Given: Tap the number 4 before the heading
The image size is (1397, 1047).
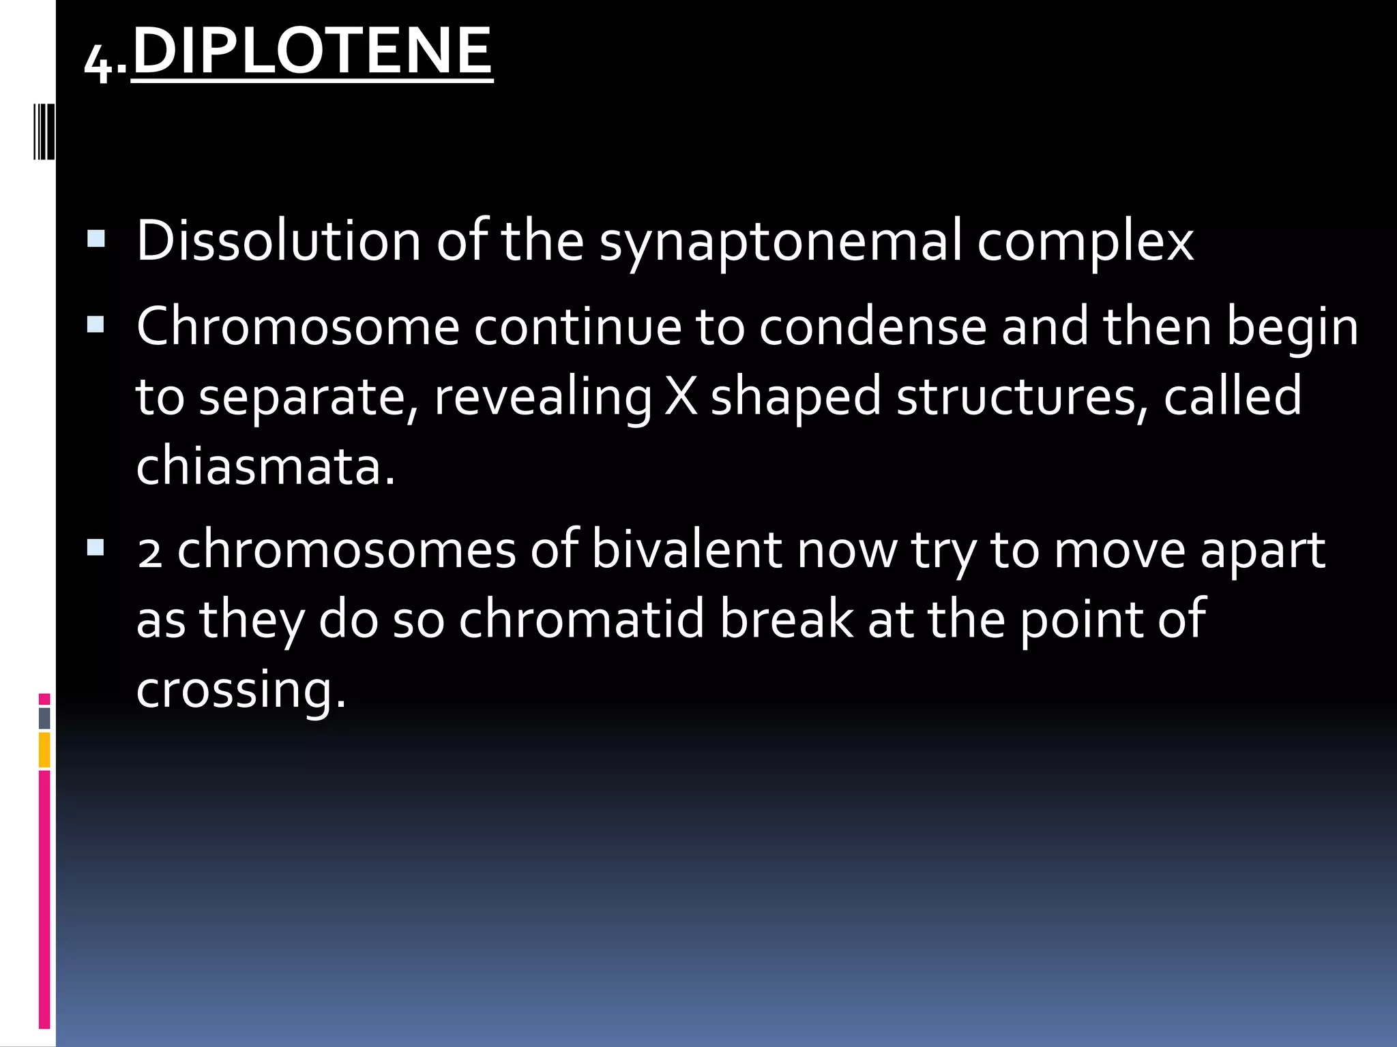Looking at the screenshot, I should pos(98,63).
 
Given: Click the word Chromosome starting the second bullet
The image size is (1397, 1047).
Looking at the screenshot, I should pos(298,327).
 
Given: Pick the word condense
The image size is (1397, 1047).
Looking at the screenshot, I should pos(872,327).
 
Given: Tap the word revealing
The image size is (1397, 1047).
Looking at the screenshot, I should pos(542,397).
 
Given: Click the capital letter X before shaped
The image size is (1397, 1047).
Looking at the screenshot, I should pos(681,396).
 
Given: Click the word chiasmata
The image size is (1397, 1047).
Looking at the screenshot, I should pos(265,466).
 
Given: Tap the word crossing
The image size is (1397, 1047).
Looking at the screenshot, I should pos(241,691).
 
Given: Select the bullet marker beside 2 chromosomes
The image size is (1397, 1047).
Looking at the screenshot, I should pos(96,547).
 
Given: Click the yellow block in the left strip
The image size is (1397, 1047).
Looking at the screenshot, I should pos(44,750).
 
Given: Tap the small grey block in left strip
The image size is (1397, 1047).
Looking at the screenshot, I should pos(44,718).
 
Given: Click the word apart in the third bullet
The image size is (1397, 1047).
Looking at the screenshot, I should pos(1262,551).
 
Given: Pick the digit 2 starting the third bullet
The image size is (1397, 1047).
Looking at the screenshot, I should pos(149,552).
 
